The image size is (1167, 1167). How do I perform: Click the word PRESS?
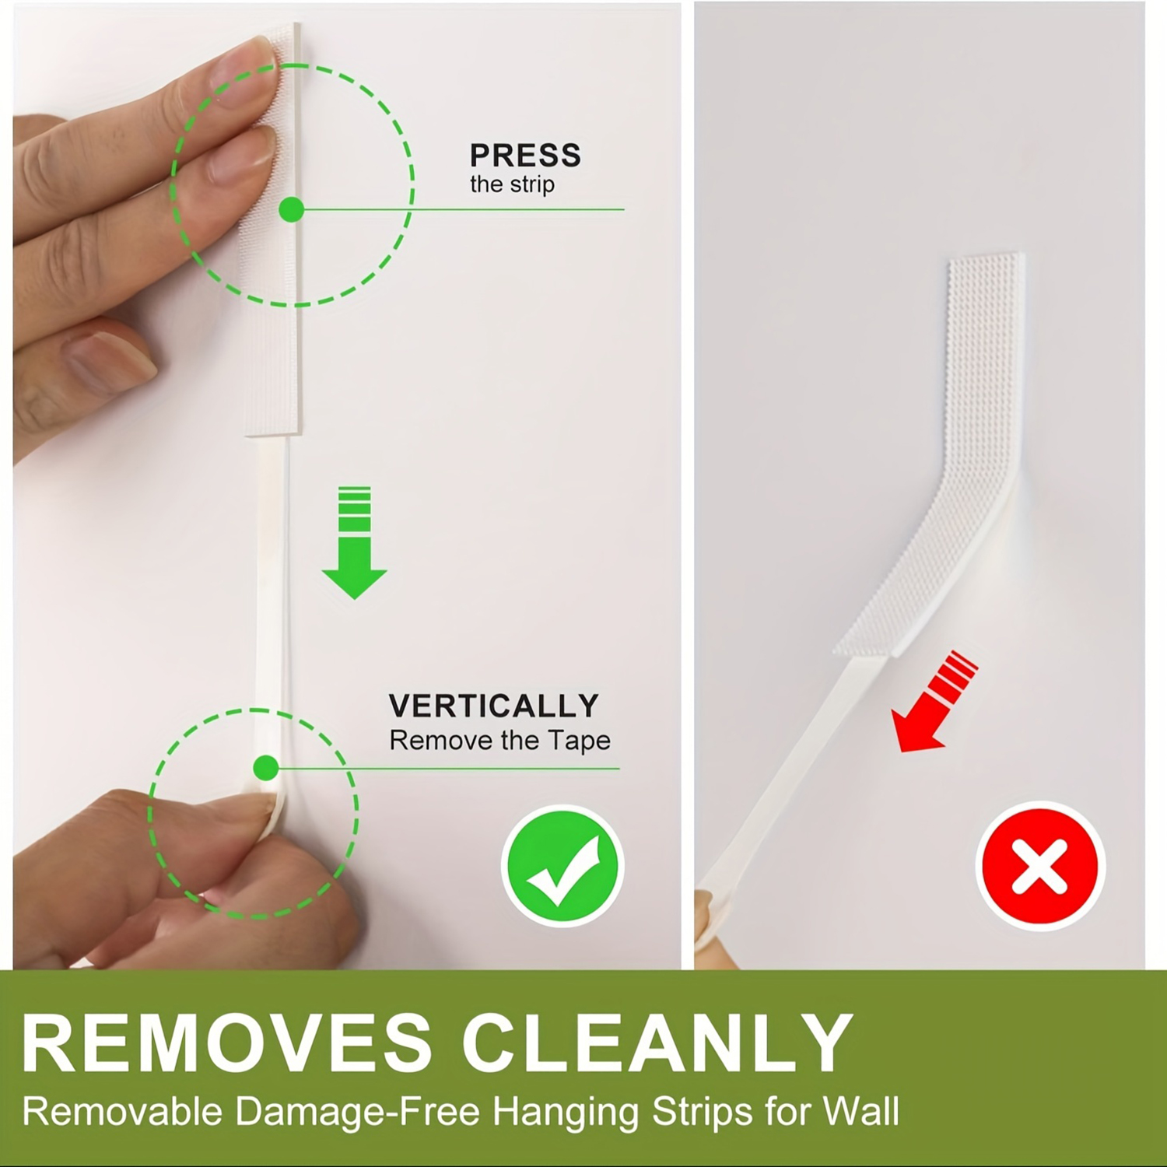tap(525, 156)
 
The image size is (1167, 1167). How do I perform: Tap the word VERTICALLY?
tap(494, 706)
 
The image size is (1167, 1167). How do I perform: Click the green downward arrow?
tap(355, 542)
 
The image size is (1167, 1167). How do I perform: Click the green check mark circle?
tap(562, 866)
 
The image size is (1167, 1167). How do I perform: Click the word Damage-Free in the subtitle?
tap(357, 1111)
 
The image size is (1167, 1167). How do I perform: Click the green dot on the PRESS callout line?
tap(292, 209)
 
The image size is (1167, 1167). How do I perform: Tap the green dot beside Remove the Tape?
tap(266, 768)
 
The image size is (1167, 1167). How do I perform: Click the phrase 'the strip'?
tap(512, 185)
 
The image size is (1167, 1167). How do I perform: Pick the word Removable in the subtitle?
tap(122, 1111)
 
